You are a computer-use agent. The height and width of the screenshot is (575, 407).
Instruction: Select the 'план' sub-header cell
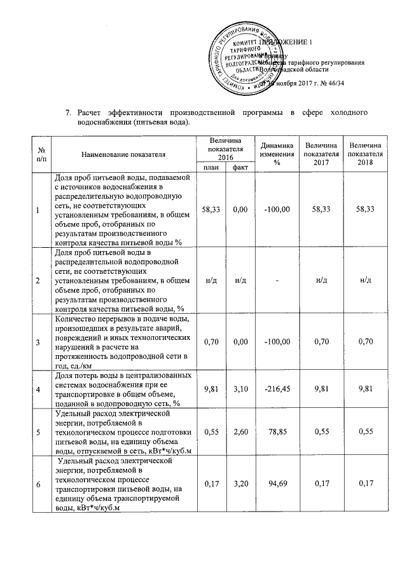[x=211, y=167]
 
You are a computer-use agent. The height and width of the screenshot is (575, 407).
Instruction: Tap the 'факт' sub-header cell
[x=240, y=167]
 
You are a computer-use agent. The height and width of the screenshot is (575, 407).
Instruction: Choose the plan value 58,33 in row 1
[x=211, y=209]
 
